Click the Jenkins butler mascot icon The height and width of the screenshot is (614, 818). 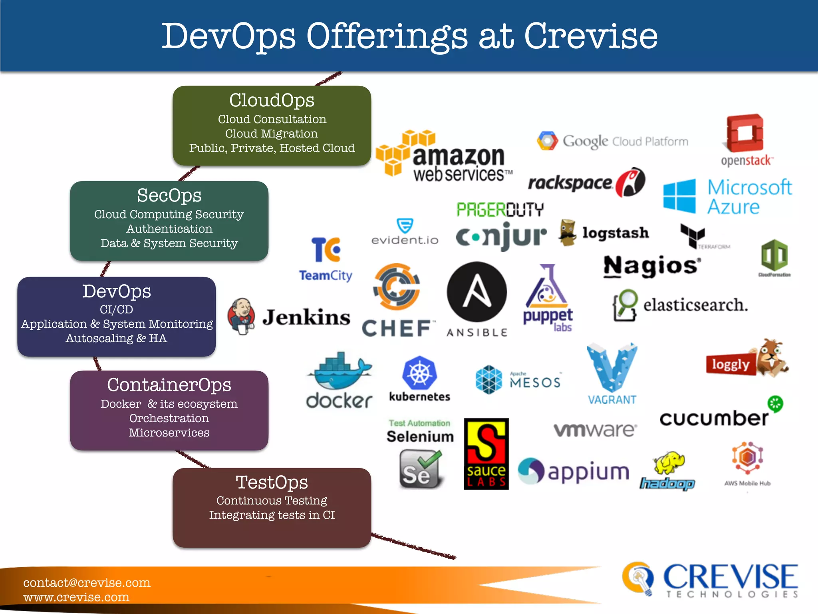pyautogui.click(x=241, y=316)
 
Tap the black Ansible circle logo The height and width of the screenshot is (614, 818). pyautogui.click(x=477, y=292)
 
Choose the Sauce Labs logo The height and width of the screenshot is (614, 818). pyautogui.click(x=486, y=454)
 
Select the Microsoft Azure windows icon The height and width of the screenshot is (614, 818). pyautogui.click(x=679, y=196)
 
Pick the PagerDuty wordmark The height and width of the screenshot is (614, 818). pyautogui.click(x=500, y=209)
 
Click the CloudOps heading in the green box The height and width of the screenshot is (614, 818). pyautogui.click(x=272, y=100)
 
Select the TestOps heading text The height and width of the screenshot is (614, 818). pyautogui.click(x=272, y=482)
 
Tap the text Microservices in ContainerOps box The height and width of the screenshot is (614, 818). pyautogui.click(x=169, y=433)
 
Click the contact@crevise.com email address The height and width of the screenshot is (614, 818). pyautogui.click(x=87, y=582)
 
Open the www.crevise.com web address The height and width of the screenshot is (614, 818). pyautogui.click(x=76, y=597)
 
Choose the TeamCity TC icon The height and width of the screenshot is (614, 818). pyautogui.click(x=326, y=249)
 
